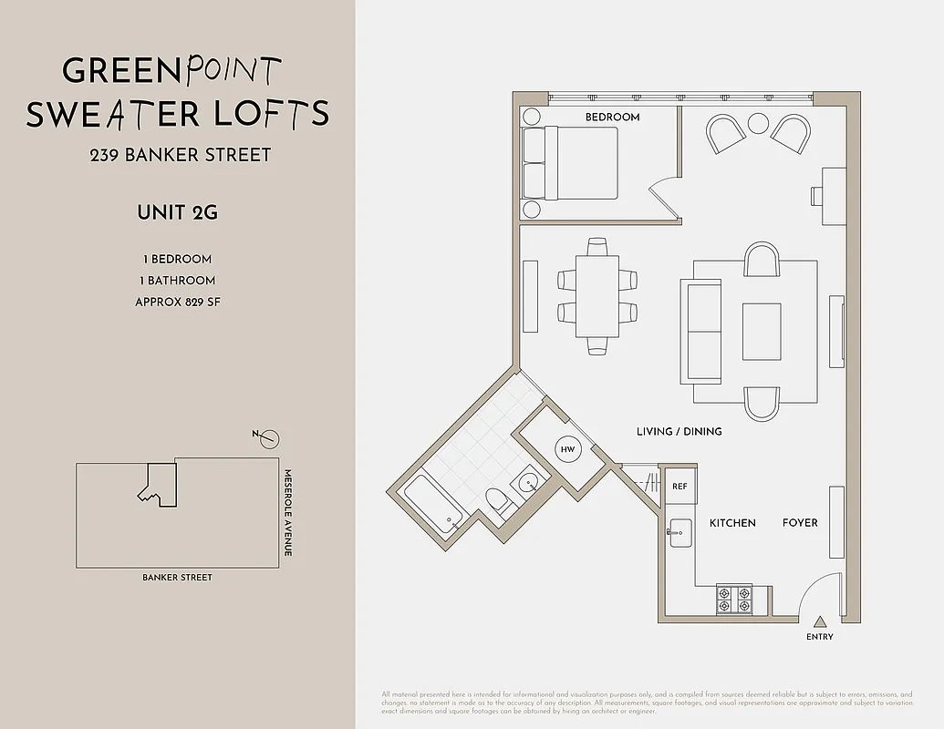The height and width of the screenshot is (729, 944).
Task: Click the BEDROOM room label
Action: [612, 117]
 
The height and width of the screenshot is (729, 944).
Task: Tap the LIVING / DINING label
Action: [679, 431]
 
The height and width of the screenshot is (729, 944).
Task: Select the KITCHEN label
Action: [732, 523]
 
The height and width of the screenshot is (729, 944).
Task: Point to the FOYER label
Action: [800, 523]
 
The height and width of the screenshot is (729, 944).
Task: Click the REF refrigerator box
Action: [679, 487]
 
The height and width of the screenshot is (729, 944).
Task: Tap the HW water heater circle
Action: [567, 449]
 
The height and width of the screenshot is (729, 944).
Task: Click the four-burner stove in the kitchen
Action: [734, 599]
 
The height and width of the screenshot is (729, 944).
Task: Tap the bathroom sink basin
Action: [526, 484]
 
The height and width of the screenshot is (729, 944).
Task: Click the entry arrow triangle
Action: [820, 621]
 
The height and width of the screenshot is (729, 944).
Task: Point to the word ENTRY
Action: [820, 637]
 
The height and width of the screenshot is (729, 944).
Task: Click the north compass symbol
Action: [268, 439]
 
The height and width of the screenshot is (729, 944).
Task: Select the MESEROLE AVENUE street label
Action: [286, 513]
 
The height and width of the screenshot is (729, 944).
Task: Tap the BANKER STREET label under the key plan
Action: [177, 578]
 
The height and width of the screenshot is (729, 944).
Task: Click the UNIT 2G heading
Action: [177, 213]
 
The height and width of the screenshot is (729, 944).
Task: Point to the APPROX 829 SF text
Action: [177, 302]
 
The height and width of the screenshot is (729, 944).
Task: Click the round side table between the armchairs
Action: [759, 123]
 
